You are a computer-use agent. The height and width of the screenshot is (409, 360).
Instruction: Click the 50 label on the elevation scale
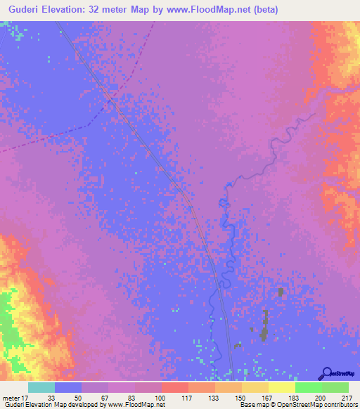81,397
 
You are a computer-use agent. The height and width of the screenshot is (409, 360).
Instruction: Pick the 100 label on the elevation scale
161,397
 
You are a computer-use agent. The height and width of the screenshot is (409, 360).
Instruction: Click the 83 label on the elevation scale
134,397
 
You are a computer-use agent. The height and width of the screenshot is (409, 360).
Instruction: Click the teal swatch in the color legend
41,387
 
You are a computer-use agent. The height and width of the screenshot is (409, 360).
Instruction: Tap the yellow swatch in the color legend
281,387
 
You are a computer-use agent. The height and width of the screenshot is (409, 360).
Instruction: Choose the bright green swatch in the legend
308,387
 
